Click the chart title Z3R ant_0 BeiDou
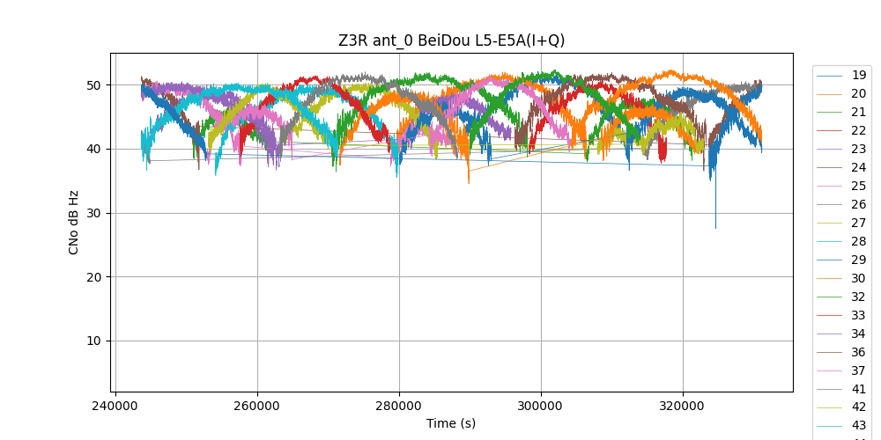click(x=451, y=40)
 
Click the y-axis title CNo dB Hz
click(x=74, y=223)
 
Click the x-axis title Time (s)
click(x=451, y=423)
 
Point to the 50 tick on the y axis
click(x=93, y=85)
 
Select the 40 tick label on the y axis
click(x=93, y=149)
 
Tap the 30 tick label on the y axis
click(x=93, y=213)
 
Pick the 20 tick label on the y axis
click(x=93, y=277)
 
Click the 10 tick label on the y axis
click(x=93, y=341)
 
